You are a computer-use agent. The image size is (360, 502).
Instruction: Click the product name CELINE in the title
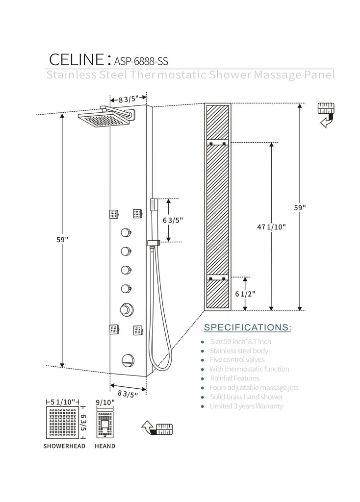click(76, 59)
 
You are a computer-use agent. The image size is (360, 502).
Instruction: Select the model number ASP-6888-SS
click(141, 61)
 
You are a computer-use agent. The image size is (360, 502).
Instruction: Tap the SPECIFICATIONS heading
click(247, 327)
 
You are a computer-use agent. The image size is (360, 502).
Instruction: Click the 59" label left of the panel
click(62, 240)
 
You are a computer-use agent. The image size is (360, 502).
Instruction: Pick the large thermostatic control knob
click(126, 309)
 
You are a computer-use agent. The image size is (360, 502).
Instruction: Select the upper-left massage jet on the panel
click(114, 214)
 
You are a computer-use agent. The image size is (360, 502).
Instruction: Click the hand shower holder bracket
click(153, 243)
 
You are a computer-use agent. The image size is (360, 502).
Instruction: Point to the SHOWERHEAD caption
click(64, 446)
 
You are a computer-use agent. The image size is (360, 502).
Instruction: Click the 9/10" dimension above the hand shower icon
click(105, 402)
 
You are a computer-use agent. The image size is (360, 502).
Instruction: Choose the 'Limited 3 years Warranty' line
click(246, 406)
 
